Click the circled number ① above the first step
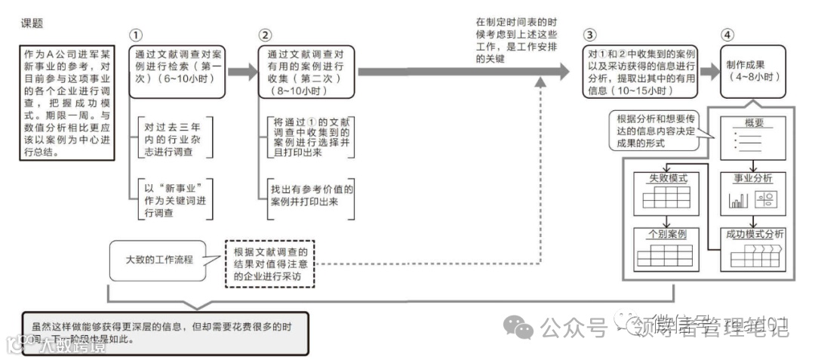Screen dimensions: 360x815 click(136, 35)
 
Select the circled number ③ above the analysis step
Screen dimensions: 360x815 click(590, 35)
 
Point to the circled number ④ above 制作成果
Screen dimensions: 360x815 click(727, 35)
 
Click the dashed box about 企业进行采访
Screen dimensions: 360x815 click(271, 264)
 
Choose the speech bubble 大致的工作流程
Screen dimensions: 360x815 click(159, 259)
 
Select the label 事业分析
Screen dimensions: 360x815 click(753, 179)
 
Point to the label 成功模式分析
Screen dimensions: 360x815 click(753, 234)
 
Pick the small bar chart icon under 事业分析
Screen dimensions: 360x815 click(737, 201)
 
